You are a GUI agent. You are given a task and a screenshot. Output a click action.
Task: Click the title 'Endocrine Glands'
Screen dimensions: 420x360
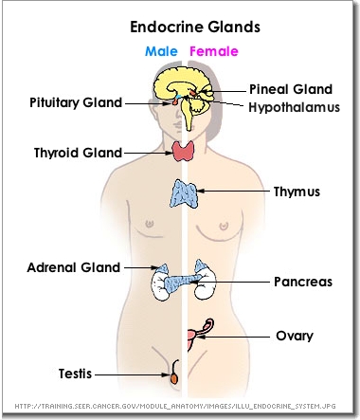click(183, 28)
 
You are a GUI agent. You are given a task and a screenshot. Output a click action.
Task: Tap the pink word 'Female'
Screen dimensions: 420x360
click(212, 51)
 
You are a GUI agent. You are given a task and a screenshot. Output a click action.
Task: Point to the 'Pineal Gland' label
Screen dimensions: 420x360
click(291, 89)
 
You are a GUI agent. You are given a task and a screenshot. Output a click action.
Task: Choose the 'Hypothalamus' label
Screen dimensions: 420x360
click(295, 107)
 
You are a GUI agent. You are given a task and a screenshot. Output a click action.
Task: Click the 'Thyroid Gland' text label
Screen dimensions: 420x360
click(78, 152)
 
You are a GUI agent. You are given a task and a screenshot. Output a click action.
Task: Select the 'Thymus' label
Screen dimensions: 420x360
click(297, 192)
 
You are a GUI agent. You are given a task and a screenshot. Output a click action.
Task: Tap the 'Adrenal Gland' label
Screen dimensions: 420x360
click(74, 267)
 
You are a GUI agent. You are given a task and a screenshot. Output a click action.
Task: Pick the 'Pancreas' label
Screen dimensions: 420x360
click(302, 283)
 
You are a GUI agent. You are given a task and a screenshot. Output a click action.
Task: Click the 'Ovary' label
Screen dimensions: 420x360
click(294, 336)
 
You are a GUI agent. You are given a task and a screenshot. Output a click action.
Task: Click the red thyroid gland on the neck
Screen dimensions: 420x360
click(183, 150)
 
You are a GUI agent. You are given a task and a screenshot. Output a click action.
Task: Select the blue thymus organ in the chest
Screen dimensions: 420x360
click(183, 192)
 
